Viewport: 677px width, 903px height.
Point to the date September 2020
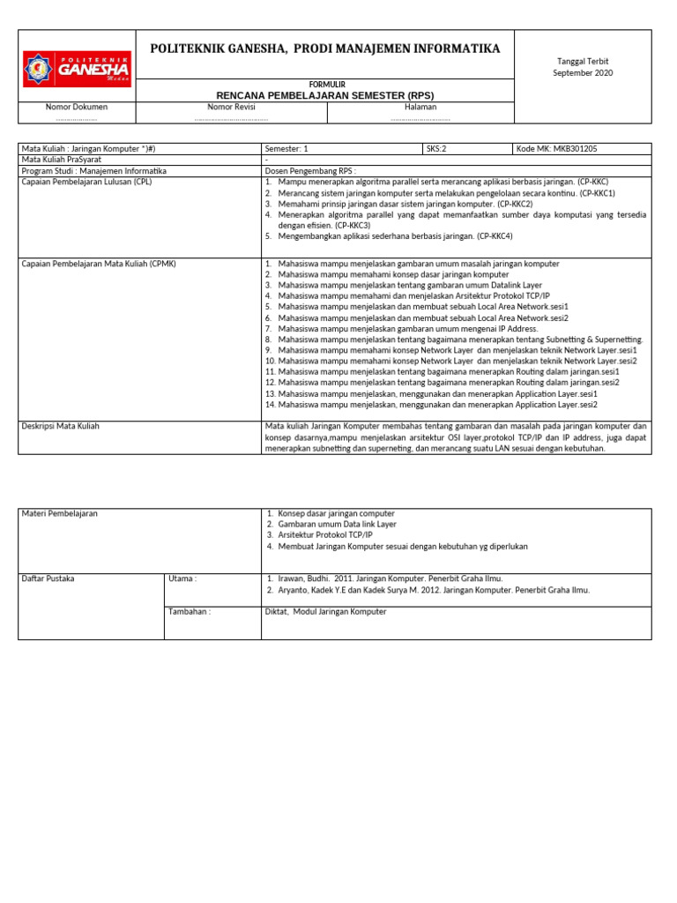click(x=583, y=73)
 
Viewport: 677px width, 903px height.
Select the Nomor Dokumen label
click(x=77, y=107)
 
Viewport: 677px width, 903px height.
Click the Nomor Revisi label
click(x=230, y=107)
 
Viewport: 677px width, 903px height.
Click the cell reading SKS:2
click(x=437, y=149)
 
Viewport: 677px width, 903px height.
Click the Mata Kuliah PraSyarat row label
click(x=60, y=160)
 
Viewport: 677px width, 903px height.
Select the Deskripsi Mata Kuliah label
click(x=60, y=426)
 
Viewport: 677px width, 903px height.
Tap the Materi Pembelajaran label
click(x=60, y=513)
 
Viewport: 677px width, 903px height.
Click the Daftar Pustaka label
click(x=48, y=578)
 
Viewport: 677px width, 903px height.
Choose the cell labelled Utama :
click(x=182, y=578)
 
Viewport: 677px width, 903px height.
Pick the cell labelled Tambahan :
click(x=190, y=611)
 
